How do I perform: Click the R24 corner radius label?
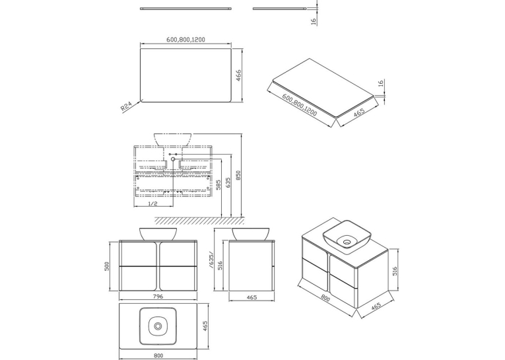(127, 106)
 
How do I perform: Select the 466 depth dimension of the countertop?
(239, 76)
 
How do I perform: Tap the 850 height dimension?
(238, 175)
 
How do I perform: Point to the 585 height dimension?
(219, 185)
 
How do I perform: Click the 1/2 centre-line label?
(152, 203)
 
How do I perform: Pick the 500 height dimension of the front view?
(107, 266)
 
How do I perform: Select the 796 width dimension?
(158, 297)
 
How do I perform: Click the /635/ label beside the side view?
(211, 260)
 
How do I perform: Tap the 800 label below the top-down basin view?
(158, 355)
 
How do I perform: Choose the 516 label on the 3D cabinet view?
(395, 271)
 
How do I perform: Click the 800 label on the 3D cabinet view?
(325, 299)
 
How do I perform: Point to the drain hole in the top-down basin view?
(158, 326)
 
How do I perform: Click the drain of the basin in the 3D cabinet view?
(347, 242)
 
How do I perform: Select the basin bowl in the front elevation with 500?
(158, 234)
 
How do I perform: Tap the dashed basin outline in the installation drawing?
(173, 139)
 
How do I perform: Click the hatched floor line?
(199, 221)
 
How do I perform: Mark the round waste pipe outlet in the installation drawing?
(173, 159)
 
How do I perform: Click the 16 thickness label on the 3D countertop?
(381, 83)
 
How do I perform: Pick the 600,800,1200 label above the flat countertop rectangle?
(186, 40)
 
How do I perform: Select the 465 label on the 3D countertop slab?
(359, 112)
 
